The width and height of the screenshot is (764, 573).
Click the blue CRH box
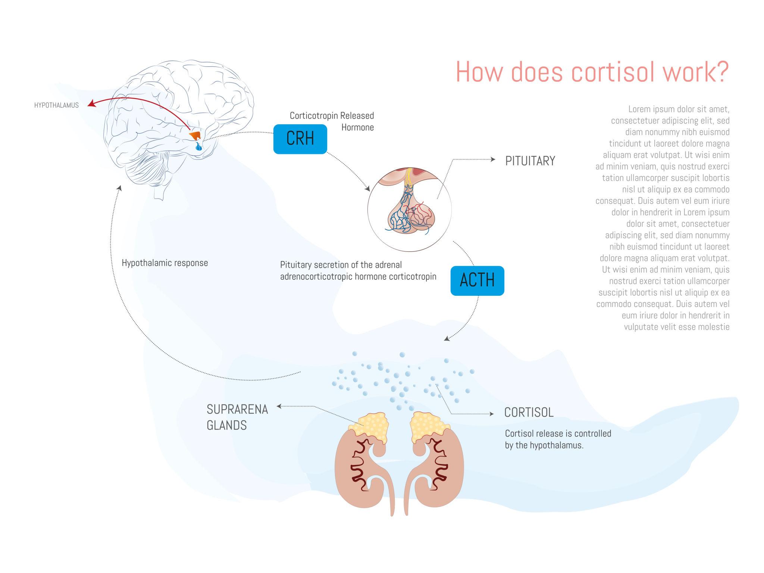tap(300, 139)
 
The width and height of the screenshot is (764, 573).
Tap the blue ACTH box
tap(477, 281)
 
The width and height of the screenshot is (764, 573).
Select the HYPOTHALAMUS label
tap(56, 105)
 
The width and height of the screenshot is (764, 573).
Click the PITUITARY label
tap(530, 161)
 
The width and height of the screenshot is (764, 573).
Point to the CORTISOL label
tap(529, 412)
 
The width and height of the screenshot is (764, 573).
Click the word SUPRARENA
tap(237, 409)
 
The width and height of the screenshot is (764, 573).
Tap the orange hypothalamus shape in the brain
tap(195, 135)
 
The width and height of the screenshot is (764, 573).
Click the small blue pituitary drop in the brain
tap(198, 147)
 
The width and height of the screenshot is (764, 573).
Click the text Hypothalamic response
tap(165, 263)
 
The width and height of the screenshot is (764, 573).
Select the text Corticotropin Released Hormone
tap(332, 121)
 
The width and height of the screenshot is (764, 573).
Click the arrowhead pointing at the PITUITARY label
tap(493, 159)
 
